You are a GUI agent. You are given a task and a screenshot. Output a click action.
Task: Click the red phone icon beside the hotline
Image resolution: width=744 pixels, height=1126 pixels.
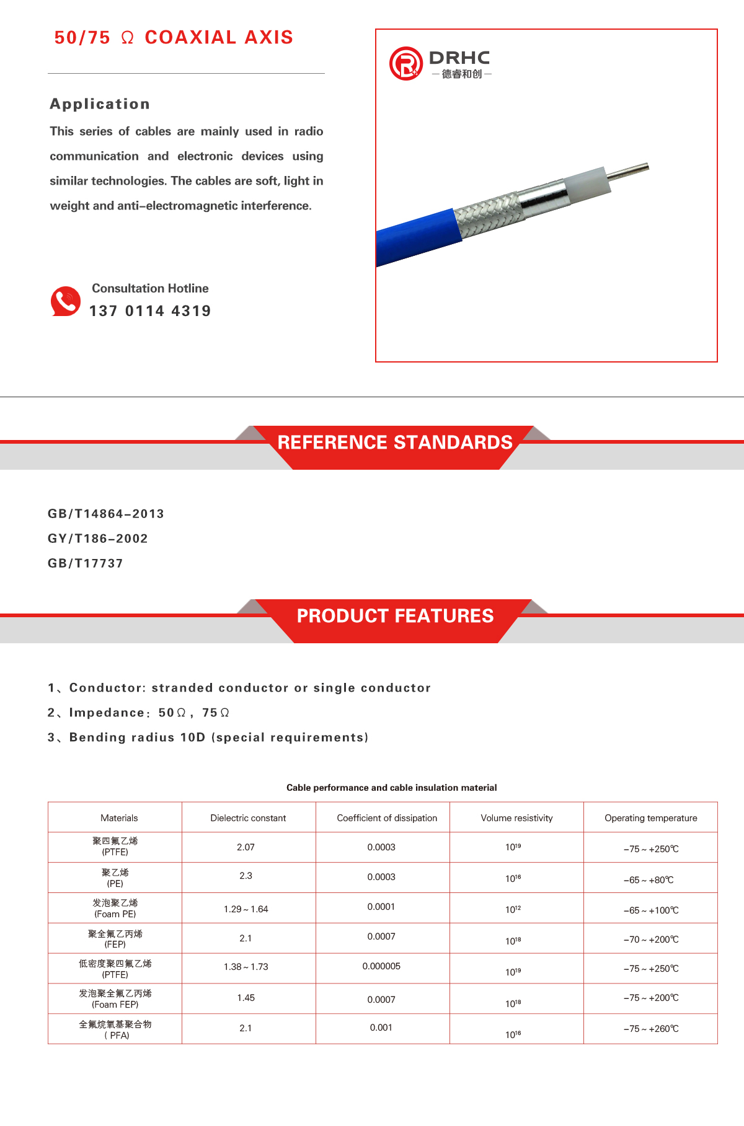click(x=66, y=301)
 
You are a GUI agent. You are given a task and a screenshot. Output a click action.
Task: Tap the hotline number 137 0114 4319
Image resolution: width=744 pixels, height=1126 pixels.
click(x=150, y=311)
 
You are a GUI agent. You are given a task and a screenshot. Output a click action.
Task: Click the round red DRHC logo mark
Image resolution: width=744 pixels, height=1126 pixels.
click(x=405, y=63)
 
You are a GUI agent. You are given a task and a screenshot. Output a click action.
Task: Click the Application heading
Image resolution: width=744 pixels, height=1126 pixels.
click(x=100, y=104)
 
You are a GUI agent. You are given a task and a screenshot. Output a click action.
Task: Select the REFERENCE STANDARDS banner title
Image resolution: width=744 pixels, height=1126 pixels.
click(x=395, y=442)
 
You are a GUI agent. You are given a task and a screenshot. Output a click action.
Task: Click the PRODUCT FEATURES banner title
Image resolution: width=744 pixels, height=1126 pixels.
click(x=395, y=616)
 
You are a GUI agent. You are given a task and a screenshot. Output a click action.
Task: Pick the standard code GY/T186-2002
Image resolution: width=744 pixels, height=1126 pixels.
click(x=98, y=539)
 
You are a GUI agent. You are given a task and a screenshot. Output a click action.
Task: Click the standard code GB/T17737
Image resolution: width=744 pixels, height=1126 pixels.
click(x=86, y=563)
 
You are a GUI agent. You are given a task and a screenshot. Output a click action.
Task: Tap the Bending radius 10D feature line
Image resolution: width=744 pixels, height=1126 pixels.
click(x=208, y=737)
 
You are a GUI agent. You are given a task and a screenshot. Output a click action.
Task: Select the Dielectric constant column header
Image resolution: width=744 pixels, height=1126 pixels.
click(x=248, y=818)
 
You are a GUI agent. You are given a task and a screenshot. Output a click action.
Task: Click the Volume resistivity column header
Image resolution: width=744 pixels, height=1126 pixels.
click(x=516, y=818)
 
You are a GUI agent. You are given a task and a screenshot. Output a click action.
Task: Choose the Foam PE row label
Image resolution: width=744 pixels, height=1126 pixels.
click(x=115, y=908)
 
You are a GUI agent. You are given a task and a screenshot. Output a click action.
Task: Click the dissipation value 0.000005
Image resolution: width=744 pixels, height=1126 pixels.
click(x=381, y=966)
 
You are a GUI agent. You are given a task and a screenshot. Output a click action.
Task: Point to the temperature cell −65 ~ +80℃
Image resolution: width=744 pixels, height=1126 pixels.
click(x=649, y=880)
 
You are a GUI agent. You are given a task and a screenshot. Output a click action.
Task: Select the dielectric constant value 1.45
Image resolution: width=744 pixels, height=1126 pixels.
click(x=246, y=998)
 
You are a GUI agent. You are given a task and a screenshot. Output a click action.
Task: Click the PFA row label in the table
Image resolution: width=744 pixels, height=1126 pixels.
click(x=115, y=1029)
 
